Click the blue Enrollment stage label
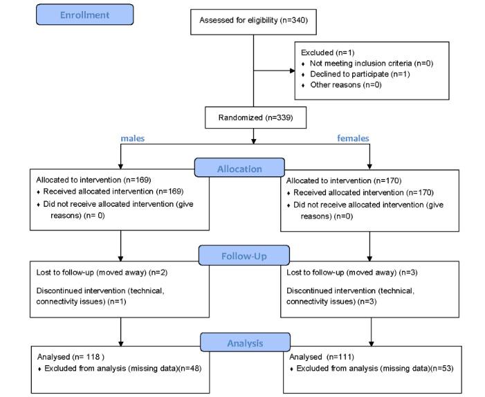(x=85, y=15)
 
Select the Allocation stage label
(x=240, y=168)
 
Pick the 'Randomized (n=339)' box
(x=253, y=118)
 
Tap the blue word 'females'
(x=353, y=138)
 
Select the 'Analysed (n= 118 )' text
(x=70, y=357)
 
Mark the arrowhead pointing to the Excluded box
(x=291, y=70)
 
